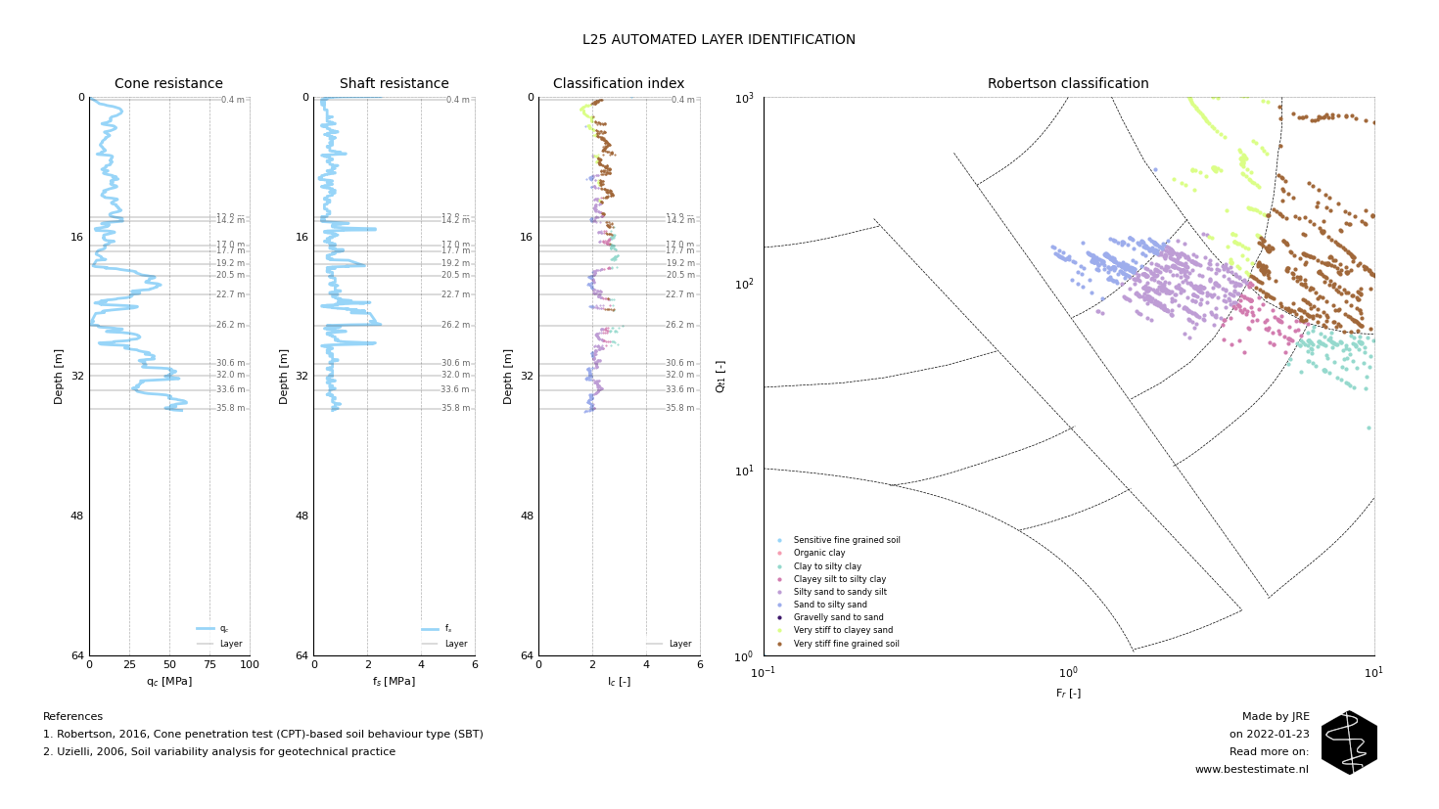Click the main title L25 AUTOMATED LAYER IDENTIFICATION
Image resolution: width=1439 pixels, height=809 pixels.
(x=719, y=40)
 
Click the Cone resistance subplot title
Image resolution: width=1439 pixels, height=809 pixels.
(x=168, y=84)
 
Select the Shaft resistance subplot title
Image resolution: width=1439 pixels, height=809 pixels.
(x=394, y=84)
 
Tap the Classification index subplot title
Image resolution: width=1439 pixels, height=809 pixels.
(x=619, y=84)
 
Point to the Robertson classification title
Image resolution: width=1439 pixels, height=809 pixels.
(x=1068, y=84)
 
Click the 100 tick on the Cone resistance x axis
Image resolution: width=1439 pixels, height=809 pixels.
(x=250, y=665)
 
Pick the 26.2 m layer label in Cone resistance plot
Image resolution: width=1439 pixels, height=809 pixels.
(x=231, y=326)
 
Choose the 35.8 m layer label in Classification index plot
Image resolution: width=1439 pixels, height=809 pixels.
(x=680, y=409)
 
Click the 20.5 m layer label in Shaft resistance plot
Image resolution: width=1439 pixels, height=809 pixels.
(x=455, y=276)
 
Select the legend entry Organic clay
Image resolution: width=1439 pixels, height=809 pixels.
(x=819, y=554)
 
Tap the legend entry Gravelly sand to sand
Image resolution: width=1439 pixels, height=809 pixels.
(x=838, y=618)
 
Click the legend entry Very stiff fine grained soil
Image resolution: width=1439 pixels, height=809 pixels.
(x=846, y=644)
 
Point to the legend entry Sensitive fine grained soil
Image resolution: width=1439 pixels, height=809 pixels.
(x=847, y=541)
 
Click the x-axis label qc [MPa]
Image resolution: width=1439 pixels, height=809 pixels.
(x=168, y=682)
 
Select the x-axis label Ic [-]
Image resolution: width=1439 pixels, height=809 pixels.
(x=619, y=682)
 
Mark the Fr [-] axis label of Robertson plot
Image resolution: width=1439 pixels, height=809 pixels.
(x=1068, y=694)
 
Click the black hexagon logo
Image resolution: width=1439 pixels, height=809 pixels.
(x=1349, y=742)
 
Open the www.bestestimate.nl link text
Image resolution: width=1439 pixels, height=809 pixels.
(x=1251, y=770)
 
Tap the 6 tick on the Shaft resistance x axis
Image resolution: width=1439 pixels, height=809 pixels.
(x=475, y=665)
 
